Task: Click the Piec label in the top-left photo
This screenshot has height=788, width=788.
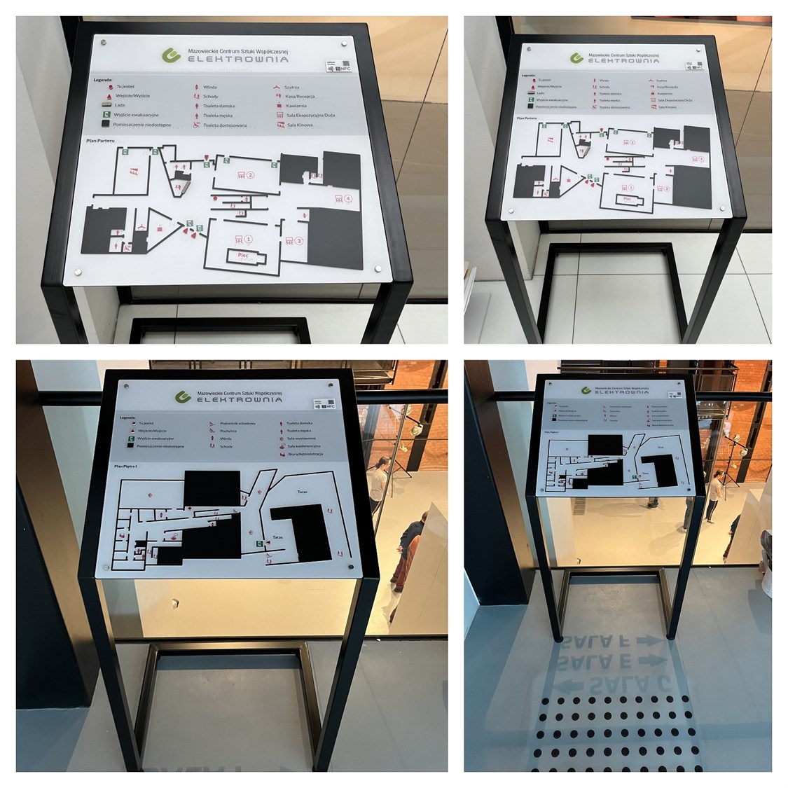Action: pos(243,256)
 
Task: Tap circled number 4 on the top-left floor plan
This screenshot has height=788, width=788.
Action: pos(348,199)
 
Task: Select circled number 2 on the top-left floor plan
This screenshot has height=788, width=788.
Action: pos(250,175)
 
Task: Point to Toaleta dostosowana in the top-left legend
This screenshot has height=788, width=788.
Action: pos(224,125)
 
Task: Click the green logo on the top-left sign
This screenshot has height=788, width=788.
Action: pos(170,55)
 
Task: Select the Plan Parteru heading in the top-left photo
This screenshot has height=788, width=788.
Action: pos(100,141)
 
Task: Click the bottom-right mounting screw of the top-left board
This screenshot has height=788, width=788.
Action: pos(379,268)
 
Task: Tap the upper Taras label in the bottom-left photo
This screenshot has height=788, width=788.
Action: pos(302,492)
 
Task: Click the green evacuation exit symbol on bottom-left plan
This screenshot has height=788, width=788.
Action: pos(258,544)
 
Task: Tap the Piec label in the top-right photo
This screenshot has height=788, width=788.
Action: pos(627,199)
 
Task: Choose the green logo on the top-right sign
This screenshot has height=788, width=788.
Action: pos(576,58)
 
